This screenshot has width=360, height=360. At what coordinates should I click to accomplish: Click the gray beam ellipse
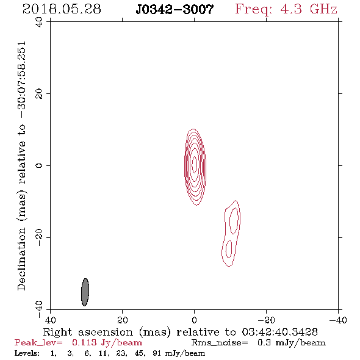pyautogui.click(x=85, y=292)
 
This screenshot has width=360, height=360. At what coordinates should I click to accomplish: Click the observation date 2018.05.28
pyautogui.click(x=62, y=9)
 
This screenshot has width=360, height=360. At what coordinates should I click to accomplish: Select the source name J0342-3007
pyautogui.click(x=175, y=9)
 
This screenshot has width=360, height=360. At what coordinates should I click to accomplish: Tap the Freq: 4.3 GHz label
pyautogui.click(x=286, y=9)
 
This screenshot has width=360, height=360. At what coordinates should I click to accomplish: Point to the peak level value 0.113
pyautogui.click(x=84, y=342)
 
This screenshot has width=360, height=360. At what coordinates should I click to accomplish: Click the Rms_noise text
pyautogui.click(x=220, y=343)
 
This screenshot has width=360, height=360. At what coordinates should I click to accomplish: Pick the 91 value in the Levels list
pyautogui.click(x=157, y=353)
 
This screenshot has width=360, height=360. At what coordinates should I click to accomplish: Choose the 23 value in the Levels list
pyautogui.click(x=121, y=353)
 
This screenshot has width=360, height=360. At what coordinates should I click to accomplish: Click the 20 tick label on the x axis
pyautogui.click(x=123, y=320)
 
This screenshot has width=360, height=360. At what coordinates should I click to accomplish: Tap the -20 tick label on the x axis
pyautogui.click(x=266, y=320)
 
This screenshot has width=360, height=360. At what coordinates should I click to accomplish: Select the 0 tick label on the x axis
pyautogui.click(x=194, y=320)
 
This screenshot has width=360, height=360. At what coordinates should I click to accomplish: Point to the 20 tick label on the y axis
pyautogui.click(x=39, y=94)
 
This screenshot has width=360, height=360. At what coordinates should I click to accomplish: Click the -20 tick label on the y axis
pyautogui.click(x=39, y=237)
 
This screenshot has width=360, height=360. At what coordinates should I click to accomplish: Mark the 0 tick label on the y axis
pyautogui.click(x=39, y=165)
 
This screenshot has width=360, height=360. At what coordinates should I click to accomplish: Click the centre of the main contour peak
pyautogui.click(x=195, y=164)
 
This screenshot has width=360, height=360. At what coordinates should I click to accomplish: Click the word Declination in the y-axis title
pyautogui.click(x=21, y=259)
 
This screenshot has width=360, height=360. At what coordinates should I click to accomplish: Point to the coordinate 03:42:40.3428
pyautogui.click(x=279, y=332)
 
